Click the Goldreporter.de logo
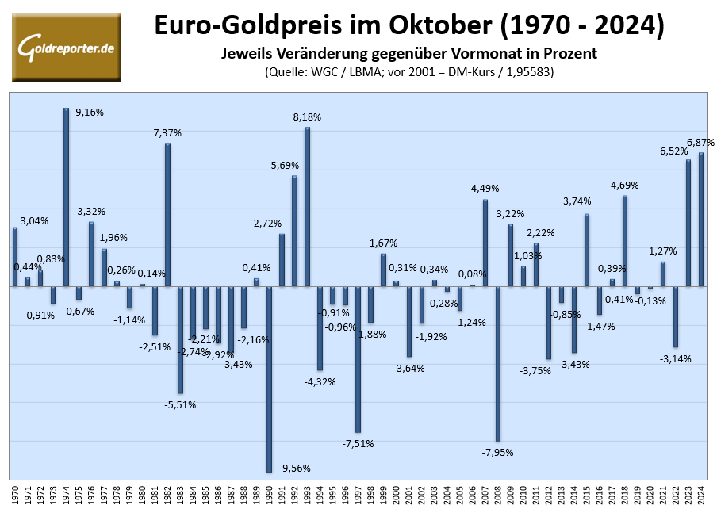[67, 47]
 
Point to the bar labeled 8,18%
[307, 206]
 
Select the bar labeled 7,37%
[167, 214]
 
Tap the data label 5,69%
[285, 166]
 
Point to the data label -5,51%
[180, 404]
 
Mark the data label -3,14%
[676, 358]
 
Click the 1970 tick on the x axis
[15, 492]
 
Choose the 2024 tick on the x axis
[701, 492]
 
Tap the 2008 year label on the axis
[498, 492]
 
